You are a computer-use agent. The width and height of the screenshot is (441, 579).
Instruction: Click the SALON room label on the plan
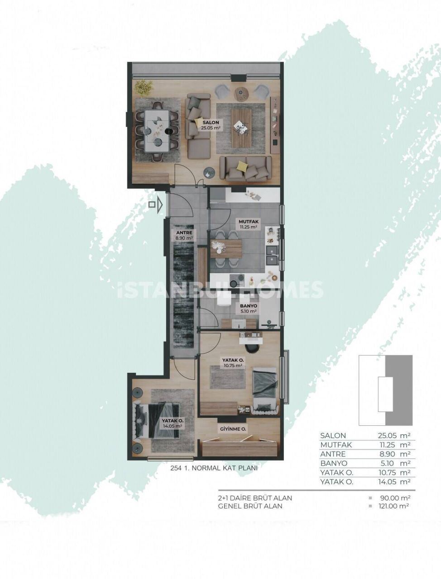tap(211, 123)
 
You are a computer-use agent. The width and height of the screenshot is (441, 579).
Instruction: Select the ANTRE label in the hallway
tap(184, 233)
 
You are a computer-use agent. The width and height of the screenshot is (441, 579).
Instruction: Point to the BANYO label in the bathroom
tap(249, 306)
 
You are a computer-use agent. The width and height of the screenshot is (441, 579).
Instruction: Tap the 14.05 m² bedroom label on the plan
tap(172, 423)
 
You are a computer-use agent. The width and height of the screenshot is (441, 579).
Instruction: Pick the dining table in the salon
tap(157, 131)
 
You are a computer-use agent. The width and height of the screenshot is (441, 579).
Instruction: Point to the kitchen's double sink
tap(273, 255)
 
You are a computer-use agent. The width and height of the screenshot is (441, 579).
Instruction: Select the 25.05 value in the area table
tap(387, 436)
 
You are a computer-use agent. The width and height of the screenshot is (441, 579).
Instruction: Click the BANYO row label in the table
tap(334, 463)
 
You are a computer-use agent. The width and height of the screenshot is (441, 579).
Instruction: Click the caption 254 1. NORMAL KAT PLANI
tap(212, 468)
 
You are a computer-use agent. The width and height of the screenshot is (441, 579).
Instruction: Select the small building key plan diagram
tap(386, 390)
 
